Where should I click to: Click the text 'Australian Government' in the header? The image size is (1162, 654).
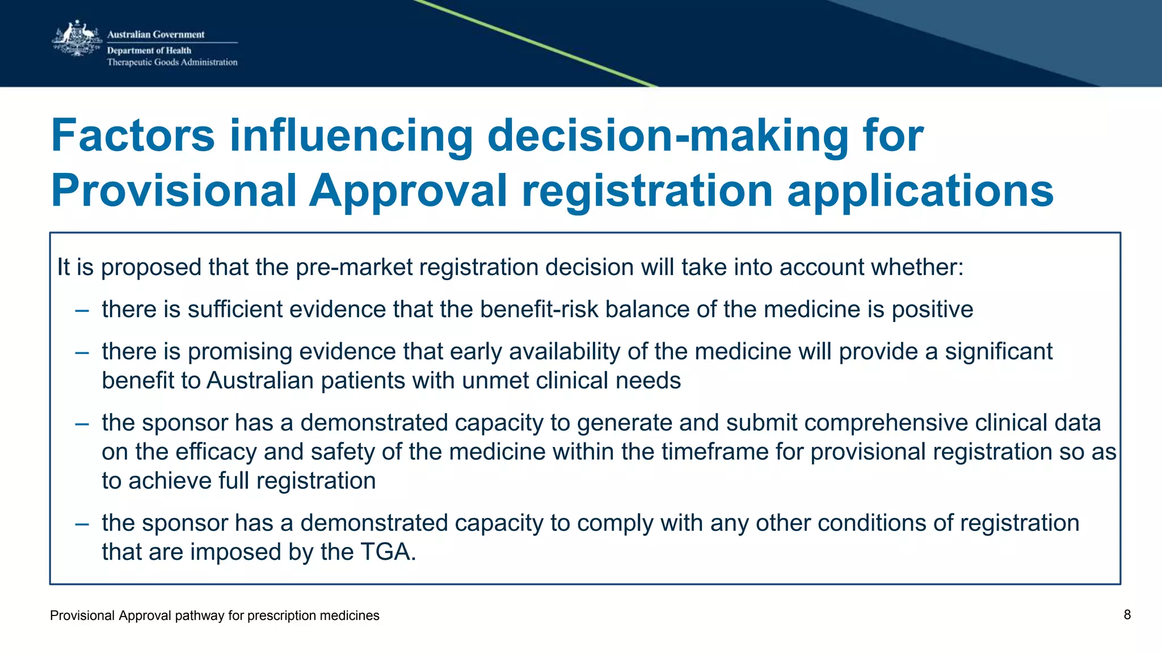tap(155, 35)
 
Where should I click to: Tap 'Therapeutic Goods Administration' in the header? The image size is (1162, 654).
tap(172, 62)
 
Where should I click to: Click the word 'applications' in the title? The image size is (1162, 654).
tap(920, 191)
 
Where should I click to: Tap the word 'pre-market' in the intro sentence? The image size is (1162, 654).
tap(354, 267)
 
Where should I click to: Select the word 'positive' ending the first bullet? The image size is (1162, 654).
tap(932, 310)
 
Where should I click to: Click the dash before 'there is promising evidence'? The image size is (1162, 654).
tap(82, 352)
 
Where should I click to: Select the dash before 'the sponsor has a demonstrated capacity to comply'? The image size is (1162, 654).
tap(82, 524)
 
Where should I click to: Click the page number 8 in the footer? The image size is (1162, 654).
tap(1127, 615)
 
